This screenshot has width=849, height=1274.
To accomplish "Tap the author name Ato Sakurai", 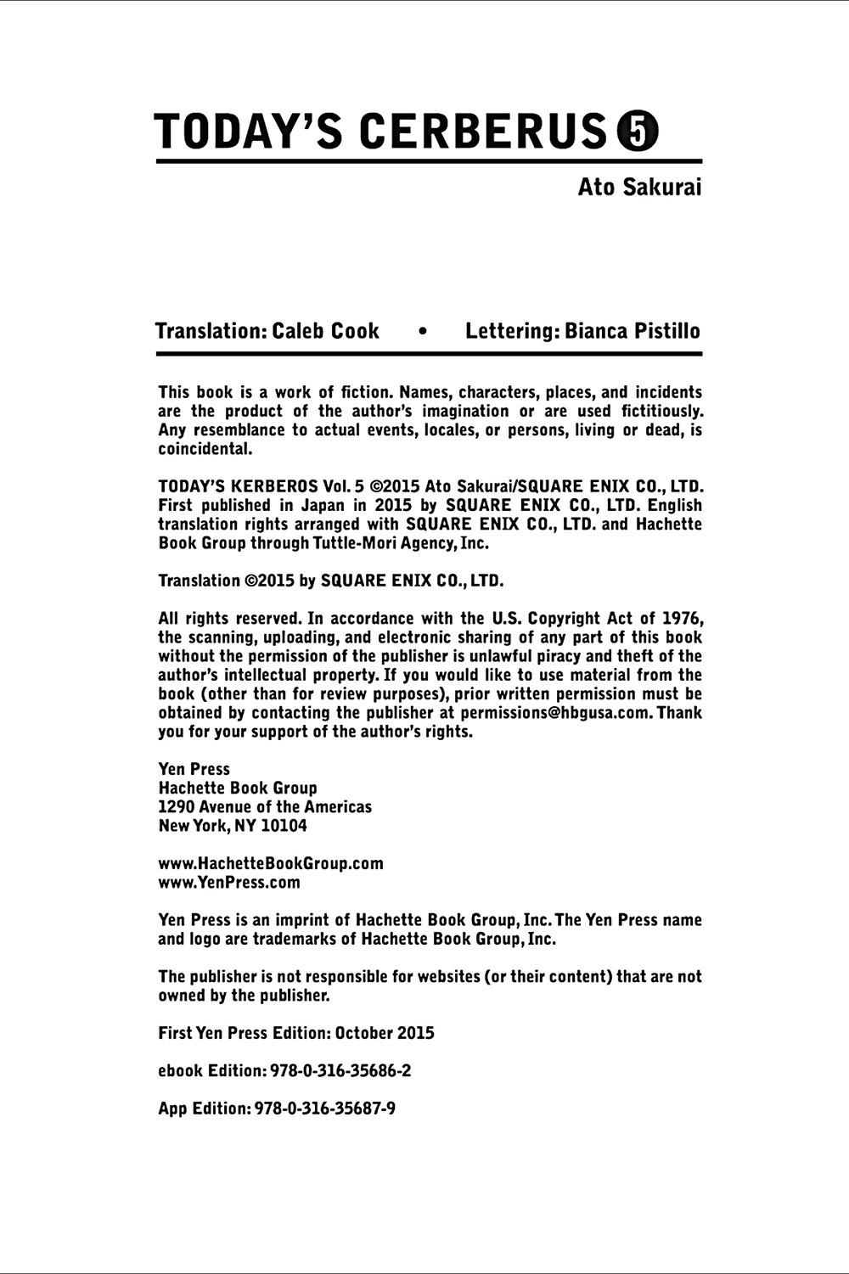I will [x=639, y=187].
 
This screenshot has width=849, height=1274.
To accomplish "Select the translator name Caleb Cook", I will [x=325, y=331].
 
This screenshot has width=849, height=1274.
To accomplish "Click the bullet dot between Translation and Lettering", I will [x=422, y=332].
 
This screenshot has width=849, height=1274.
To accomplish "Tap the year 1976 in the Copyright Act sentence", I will [x=683, y=618].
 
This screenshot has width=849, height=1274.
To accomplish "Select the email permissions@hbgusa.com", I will [x=556, y=712].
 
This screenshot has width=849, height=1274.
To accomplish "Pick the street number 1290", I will [x=177, y=806].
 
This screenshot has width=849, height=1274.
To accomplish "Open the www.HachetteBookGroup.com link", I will [x=271, y=863].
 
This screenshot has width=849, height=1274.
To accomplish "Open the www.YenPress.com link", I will [x=229, y=882].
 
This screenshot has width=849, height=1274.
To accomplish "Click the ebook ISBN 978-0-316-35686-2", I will [x=340, y=1070].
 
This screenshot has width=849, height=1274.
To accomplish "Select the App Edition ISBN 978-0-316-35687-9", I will [x=325, y=1108].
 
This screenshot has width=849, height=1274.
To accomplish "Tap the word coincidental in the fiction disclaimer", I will [x=205, y=449].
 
